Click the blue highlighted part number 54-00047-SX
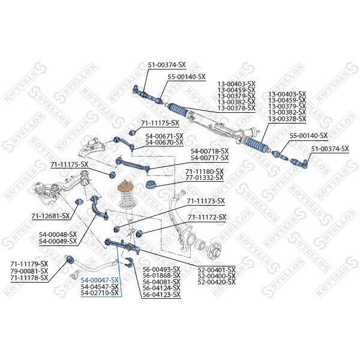100,280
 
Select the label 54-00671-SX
164,136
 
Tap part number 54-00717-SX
209,157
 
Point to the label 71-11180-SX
204,172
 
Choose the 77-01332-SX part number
204,178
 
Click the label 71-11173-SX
206,201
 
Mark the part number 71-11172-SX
207,217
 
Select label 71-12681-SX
50,215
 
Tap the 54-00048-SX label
58,235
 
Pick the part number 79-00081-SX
29,271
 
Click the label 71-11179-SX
29,264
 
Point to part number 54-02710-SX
100,293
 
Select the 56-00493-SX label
161,269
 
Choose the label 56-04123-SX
161,295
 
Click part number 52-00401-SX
217,269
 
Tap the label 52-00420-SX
217,282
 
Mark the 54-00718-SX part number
209,151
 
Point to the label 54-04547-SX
100,287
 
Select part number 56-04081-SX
161,282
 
